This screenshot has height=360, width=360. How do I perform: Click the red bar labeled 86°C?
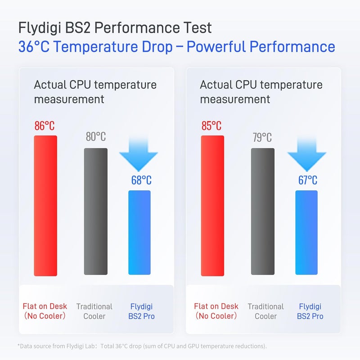coord(45,206)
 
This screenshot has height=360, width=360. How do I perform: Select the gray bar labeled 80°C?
coord(96,211)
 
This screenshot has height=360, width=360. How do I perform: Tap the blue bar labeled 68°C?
coord(139,232)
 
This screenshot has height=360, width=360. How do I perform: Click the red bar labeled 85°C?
coord(212,206)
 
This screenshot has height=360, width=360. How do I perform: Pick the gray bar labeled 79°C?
coord(263,211)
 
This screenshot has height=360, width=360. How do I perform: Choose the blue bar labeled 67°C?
coord(306,232)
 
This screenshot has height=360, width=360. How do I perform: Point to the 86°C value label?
coord(45,126)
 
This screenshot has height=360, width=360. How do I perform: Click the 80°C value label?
coord(96,137)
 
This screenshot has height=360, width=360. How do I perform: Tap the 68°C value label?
coord(141,180)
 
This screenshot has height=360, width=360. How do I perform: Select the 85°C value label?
coord(211,126)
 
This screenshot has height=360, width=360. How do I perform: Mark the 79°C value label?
coord(262,137)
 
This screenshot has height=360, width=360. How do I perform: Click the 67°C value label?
coord(308,180)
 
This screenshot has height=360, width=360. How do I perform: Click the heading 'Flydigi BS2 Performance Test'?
coord(115,28)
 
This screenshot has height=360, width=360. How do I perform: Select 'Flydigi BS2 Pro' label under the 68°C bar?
coord(141,311)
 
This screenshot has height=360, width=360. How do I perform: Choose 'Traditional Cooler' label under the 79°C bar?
coord(265,311)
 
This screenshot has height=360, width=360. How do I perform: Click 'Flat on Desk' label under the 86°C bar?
coord(45,306)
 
